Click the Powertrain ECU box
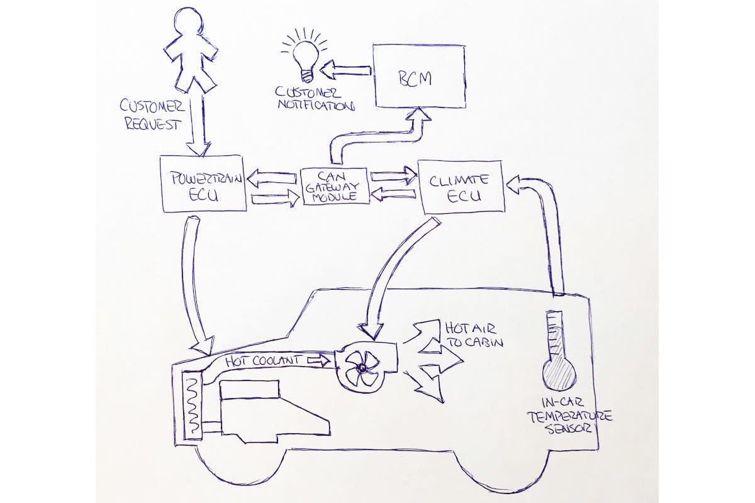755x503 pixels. pyautogui.click(x=203, y=183)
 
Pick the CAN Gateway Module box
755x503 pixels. pyautogui.click(x=334, y=186)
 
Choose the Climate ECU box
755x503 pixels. pyautogui.click(x=461, y=186)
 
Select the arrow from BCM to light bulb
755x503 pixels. pyautogui.click(x=349, y=70)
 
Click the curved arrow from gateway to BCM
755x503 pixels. pyautogui.click(x=377, y=138)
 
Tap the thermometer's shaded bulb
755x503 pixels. pyautogui.click(x=559, y=375)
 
